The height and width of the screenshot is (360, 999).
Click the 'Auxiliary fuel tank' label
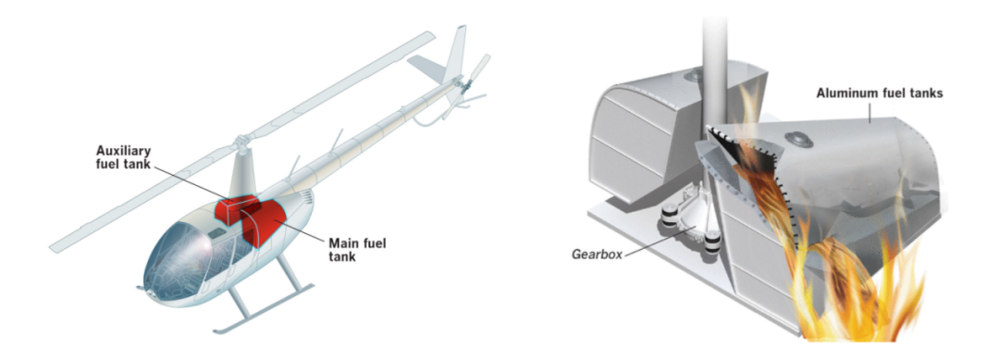click(123, 156)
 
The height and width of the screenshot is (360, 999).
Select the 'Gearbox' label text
click(597, 254)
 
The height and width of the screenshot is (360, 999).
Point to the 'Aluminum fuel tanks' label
click(880, 93)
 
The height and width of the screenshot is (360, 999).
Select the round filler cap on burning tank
click(797, 139)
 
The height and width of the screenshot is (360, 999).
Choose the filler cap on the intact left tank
click(691, 77)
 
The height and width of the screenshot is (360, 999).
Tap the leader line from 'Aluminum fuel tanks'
click(873, 111)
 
